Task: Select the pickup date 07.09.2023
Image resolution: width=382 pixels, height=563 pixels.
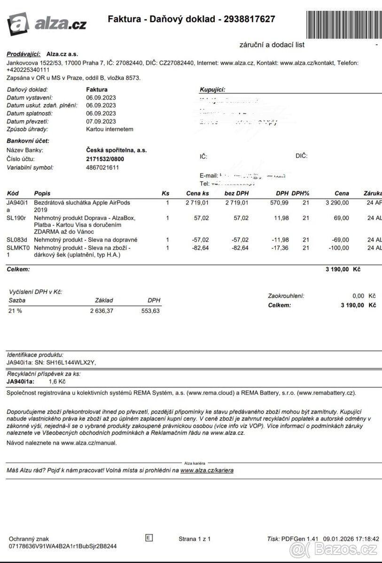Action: point(101,121)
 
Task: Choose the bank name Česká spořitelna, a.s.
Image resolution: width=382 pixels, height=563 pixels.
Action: point(116,150)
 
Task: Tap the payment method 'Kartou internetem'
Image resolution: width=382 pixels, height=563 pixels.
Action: point(109,129)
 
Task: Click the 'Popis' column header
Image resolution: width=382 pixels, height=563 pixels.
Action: point(42,193)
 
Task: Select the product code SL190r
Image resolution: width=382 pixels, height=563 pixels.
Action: point(16,218)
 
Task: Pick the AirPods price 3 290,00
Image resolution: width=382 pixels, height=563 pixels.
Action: point(337,203)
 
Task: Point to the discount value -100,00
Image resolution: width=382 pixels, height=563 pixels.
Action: point(338,248)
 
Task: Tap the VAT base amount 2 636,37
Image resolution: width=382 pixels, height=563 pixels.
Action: point(101,311)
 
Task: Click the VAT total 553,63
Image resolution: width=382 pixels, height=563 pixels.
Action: point(150,311)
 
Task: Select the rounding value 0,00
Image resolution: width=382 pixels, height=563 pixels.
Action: point(358,296)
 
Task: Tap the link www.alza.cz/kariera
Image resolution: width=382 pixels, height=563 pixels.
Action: point(207,470)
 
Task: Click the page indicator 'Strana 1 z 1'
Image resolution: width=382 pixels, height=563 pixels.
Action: point(195,539)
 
